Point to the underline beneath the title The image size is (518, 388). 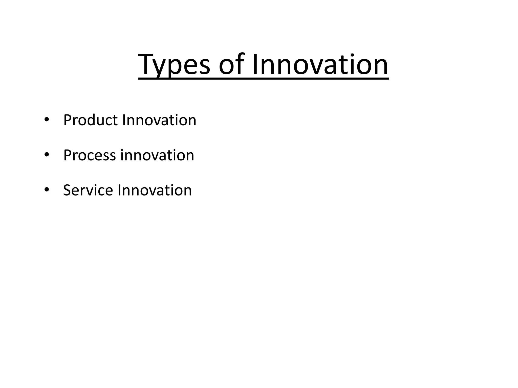click(263, 79)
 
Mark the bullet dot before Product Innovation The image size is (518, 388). click(46, 120)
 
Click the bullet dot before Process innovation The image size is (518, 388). click(46, 155)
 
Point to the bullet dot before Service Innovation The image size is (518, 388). click(46, 190)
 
